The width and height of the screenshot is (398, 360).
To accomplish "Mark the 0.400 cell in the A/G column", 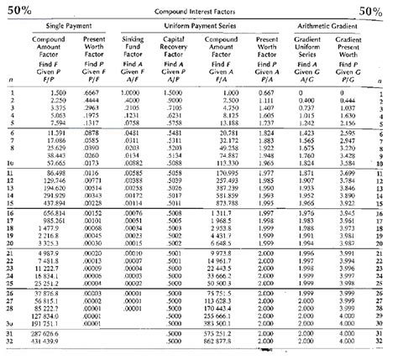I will point(309,99).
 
